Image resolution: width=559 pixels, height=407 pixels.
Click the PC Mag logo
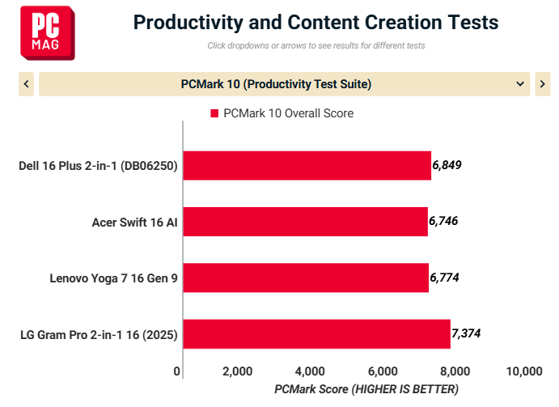point(48,33)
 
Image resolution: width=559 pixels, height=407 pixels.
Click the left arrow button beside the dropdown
point(26,84)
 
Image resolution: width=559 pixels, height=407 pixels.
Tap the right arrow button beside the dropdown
point(542,84)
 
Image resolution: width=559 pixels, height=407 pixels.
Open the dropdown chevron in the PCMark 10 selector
point(520,84)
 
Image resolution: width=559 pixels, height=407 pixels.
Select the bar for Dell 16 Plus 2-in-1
point(307,166)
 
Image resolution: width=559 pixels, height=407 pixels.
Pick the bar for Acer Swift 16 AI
point(305,222)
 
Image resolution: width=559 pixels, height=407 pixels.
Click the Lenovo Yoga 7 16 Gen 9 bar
point(306,278)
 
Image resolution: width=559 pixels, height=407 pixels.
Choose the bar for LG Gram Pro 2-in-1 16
point(316,334)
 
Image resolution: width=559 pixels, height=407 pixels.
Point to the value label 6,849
point(447,165)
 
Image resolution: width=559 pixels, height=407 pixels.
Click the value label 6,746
point(443,221)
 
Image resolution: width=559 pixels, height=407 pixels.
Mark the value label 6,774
point(444,278)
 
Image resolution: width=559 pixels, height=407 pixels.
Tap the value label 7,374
point(466,333)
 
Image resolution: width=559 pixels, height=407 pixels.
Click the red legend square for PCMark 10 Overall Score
point(214,113)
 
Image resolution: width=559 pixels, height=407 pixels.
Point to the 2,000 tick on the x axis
point(237,371)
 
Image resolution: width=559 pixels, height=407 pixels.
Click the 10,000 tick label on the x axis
point(524,371)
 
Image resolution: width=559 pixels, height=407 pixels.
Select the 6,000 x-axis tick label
point(383,371)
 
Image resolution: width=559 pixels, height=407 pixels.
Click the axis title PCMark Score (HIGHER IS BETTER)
point(366,389)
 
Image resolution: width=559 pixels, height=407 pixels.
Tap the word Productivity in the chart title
point(188,23)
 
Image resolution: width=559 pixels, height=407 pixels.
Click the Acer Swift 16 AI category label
point(135,223)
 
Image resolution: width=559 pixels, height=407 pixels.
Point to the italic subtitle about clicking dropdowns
point(316,45)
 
